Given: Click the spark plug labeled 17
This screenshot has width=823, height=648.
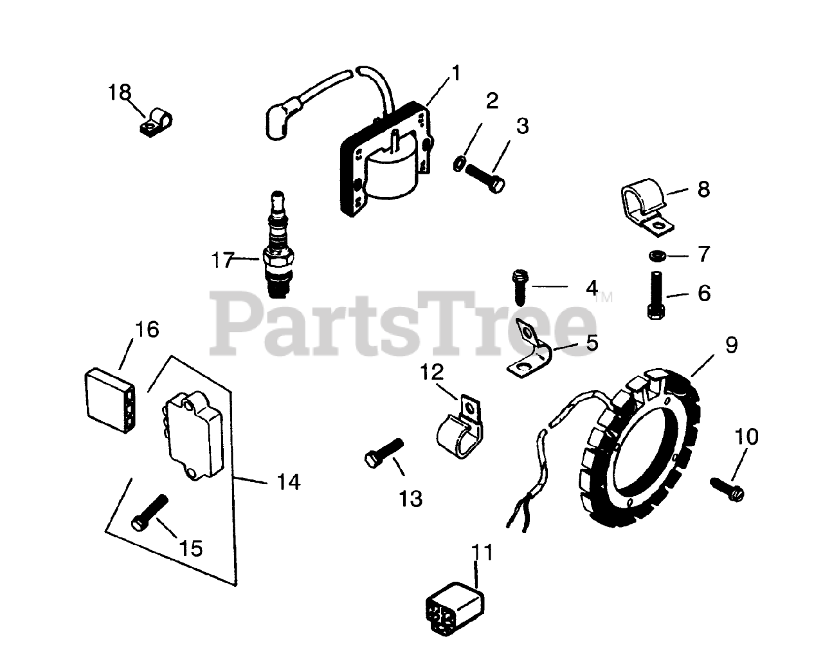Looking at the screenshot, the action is coord(278,245).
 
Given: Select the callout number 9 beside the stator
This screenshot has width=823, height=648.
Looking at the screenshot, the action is coord(732,346).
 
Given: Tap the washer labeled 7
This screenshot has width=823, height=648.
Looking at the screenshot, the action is coord(655,256).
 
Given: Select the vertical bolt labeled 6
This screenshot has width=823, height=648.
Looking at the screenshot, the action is coord(655,293).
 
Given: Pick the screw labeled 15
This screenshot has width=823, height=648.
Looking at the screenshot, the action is coord(150,512).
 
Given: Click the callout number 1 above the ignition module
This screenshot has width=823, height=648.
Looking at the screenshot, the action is coord(455,73).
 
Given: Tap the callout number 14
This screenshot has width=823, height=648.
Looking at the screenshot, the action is coord(288,481).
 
